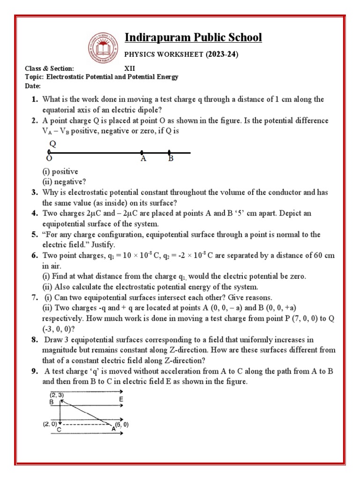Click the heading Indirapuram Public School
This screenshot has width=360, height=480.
click(x=193, y=37)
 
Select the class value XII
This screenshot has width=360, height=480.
click(x=129, y=68)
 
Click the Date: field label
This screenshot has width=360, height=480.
click(x=33, y=86)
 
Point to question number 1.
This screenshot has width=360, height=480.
click(x=35, y=99)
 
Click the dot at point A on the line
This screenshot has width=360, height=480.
click(x=142, y=152)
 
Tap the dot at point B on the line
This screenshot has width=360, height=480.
click(x=169, y=152)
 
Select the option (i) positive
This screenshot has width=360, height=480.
click(x=60, y=172)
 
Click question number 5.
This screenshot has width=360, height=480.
click(x=35, y=234)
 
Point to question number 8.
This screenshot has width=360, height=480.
click(x=35, y=339)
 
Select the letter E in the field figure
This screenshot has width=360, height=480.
click(x=121, y=400)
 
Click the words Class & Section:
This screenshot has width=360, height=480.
click(x=49, y=68)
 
